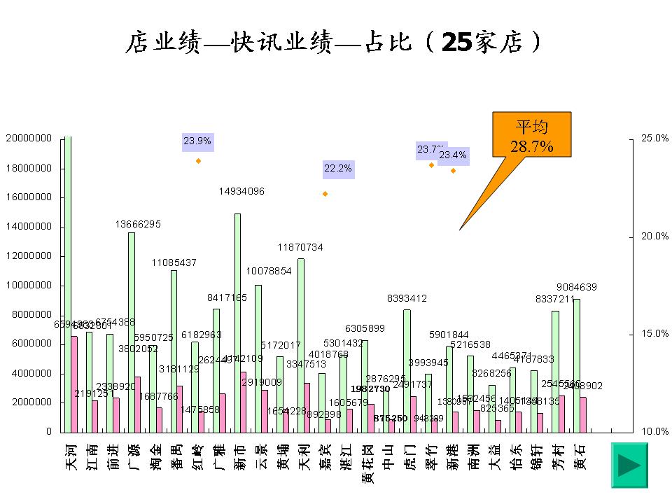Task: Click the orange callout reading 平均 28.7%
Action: (x=533, y=137)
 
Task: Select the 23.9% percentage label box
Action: (x=197, y=141)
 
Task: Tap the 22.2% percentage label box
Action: (x=337, y=169)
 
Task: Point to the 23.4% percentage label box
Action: (x=454, y=155)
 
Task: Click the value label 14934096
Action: (x=241, y=191)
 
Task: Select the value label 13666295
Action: (x=138, y=224)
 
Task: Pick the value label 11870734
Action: (x=300, y=247)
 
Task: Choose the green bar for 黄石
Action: (x=577, y=365)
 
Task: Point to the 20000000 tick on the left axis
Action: (x=29, y=139)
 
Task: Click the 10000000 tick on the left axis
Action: (x=29, y=286)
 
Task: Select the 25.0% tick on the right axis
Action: (x=654, y=139)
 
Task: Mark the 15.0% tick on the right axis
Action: (x=654, y=334)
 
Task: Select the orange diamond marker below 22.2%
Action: (x=325, y=193)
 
